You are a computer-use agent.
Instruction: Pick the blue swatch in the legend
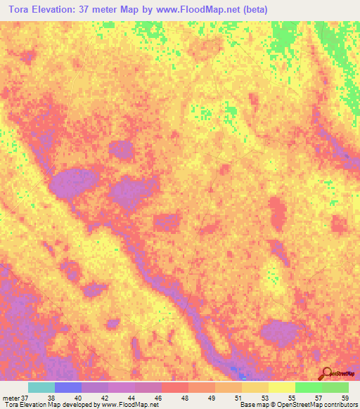tap(67, 387)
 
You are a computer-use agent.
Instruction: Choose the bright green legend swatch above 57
tap(308, 387)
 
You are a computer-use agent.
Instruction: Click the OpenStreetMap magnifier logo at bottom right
tap(326, 373)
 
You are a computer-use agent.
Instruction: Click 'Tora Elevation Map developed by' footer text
tap(49, 405)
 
